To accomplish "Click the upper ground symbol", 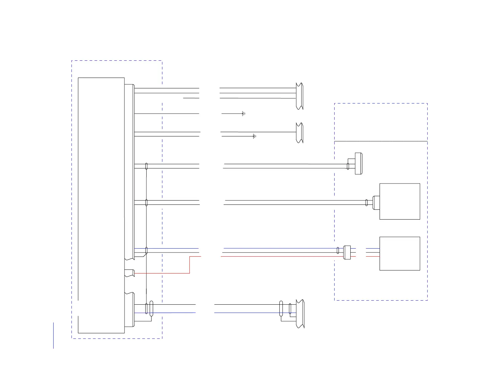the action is click(243, 114).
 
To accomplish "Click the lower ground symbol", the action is click(254, 136).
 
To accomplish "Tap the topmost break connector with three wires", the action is click(299, 96).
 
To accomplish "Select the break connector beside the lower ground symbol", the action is click(299, 133).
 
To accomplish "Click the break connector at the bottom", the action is click(300, 314).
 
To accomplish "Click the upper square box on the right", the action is click(400, 201).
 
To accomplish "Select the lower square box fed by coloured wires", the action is click(400, 253).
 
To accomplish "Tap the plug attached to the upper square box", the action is click(376, 203).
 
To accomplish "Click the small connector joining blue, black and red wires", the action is click(347, 252).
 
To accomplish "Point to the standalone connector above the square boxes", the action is click(358, 163).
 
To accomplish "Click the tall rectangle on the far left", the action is click(101, 205).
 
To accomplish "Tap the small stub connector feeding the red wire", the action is click(129, 273).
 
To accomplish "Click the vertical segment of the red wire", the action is click(189, 265).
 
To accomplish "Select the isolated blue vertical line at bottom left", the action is click(53, 335).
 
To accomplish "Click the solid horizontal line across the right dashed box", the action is click(381, 141).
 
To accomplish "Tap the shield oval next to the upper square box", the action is click(366, 203).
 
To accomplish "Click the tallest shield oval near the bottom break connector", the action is click(281, 309).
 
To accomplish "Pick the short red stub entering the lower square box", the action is click(373, 256).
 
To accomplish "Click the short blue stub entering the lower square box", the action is click(373, 248).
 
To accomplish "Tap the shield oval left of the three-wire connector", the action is click(338, 250).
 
